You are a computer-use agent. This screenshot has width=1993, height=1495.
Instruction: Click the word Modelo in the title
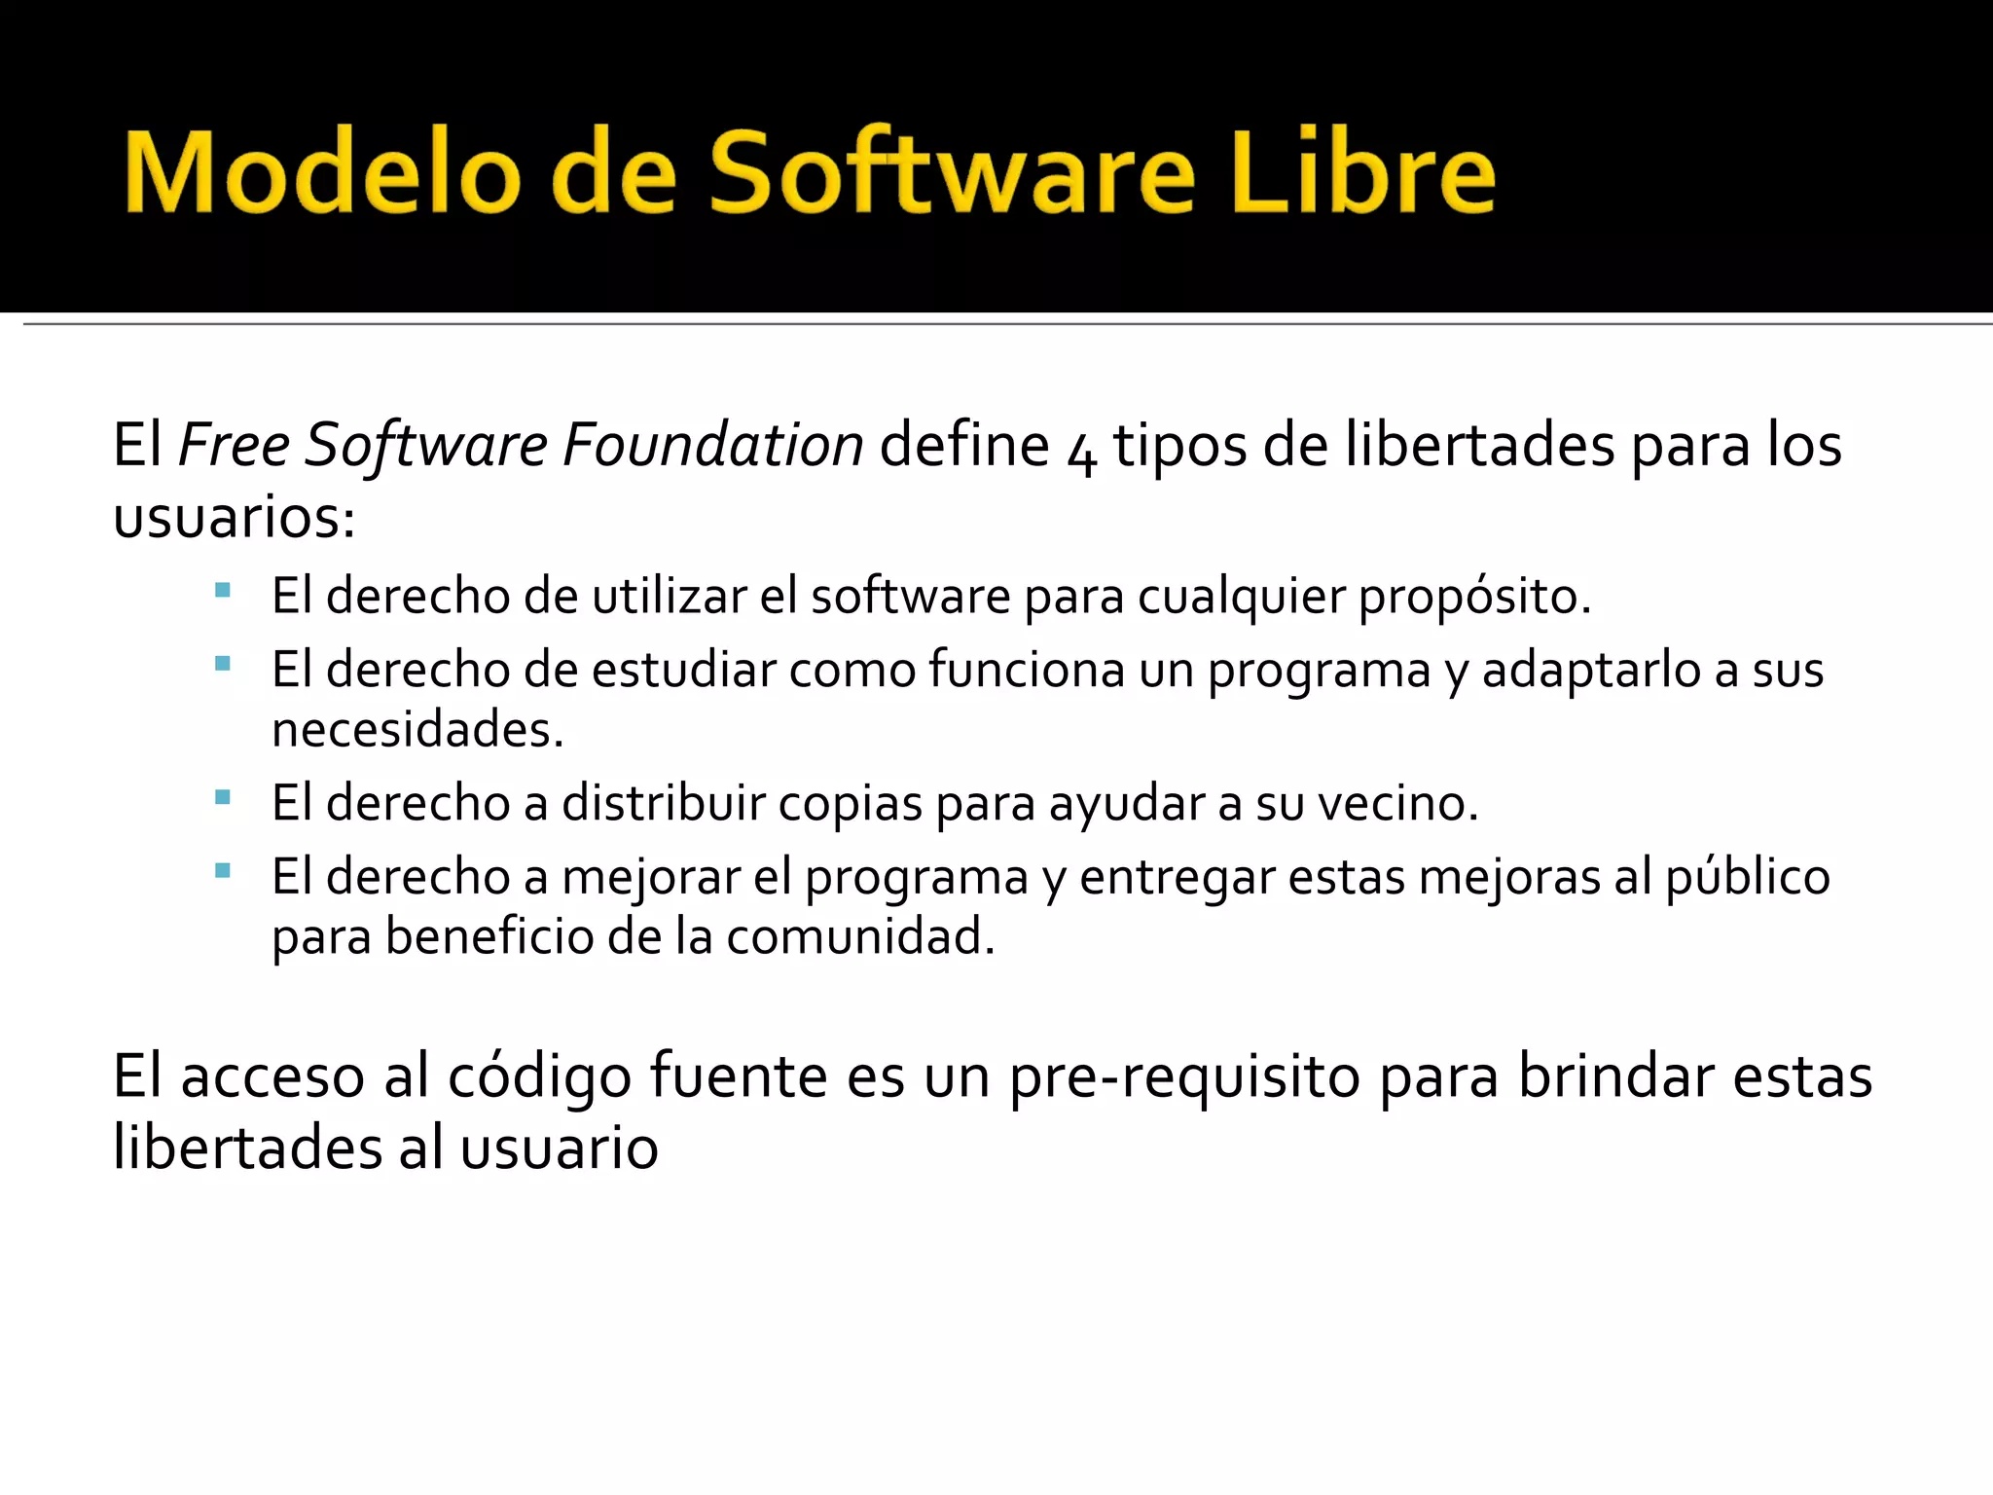pyautogui.click(x=322, y=173)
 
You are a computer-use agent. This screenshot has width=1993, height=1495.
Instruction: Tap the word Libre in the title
pyautogui.click(x=1361, y=173)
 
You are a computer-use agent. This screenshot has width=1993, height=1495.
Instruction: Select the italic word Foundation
pyautogui.click(x=712, y=446)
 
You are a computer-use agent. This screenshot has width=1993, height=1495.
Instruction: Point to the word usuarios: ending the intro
pyautogui.click(x=235, y=517)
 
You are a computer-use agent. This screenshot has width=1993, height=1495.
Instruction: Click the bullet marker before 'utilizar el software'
pyautogui.click(x=223, y=590)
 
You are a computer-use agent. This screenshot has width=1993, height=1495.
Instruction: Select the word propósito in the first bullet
pyautogui.click(x=1473, y=597)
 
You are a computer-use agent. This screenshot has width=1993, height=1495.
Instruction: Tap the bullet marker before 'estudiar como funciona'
pyautogui.click(x=223, y=664)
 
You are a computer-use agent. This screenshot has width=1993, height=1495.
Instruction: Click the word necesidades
pyautogui.click(x=417, y=729)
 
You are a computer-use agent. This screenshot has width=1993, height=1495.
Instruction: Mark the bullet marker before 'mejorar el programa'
pyautogui.click(x=223, y=871)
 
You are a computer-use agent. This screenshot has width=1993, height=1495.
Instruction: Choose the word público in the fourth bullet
pyautogui.click(x=1748, y=878)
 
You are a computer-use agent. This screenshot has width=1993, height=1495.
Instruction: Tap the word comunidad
pyautogui.click(x=860, y=937)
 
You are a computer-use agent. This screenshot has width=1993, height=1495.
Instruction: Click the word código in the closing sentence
pyautogui.click(x=539, y=1077)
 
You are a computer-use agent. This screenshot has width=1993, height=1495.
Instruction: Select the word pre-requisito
pyautogui.click(x=1184, y=1077)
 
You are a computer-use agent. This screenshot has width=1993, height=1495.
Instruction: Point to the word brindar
pyautogui.click(x=1615, y=1077)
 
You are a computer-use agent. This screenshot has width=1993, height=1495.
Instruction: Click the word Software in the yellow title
pyautogui.click(x=951, y=173)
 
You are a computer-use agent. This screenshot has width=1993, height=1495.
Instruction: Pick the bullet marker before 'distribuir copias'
pyautogui.click(x=223, y=798)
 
